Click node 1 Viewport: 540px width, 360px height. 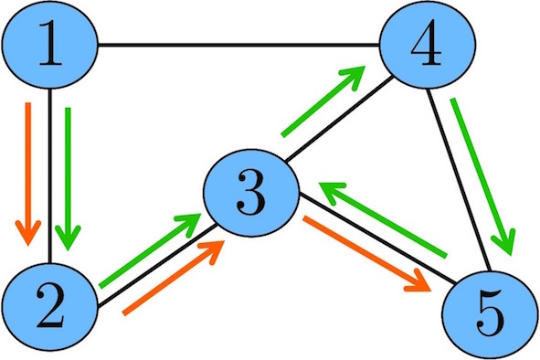pyautogui.click(x=49, y=45)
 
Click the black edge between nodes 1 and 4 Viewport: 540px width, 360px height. pyautogui.click(x=238, y=45)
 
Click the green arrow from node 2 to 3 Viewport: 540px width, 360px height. pyautogui.click(x=152, y=249)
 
